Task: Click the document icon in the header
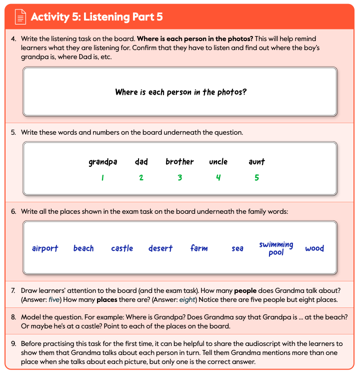(x=19, y=17)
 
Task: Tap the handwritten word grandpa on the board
(x=102, y=162)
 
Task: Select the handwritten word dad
(x=141, y=162)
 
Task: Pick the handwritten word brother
(x=179, y=162)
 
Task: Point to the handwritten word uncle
(x=218, y=162)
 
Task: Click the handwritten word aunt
(x=256, y=162)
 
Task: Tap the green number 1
(x=102, y=178)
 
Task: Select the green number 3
(x=179, y=178)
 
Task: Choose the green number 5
(x=256, y=178)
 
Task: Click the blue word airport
(x=45, y=248)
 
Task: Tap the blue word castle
(x=122, y=248)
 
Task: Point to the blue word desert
(x=160, y=248)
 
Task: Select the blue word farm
(x=199, y=248)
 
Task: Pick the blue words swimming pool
(x=276, y=248)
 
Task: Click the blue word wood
(x=314, y=248)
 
